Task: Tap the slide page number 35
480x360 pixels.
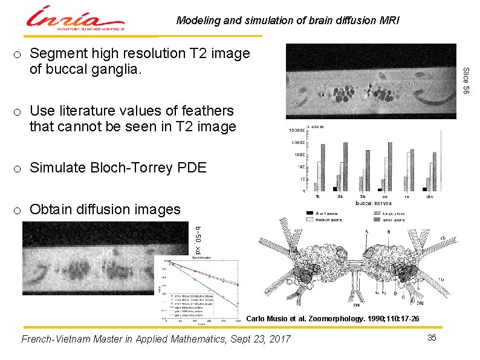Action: (432, 337)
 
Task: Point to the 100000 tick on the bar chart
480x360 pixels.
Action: (296, 130)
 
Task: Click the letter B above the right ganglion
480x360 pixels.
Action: (388, 232)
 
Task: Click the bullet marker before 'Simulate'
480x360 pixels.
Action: (19, 168)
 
